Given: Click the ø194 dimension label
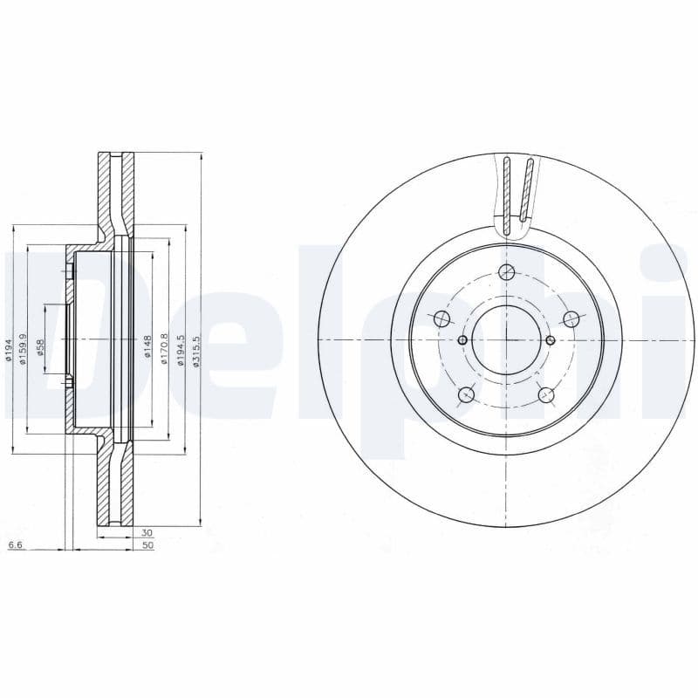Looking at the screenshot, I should pyautogui.click(x=9, y=353).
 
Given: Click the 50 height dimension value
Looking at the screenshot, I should pyautogui.click(x=147, y=545).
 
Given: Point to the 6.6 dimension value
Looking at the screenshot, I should pyautogui.click(x=14, y=545).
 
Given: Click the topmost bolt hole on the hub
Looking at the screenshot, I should pyautogui.click(x=507, y=272).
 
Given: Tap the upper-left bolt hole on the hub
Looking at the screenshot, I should pyautogui.click(x=441, y=318).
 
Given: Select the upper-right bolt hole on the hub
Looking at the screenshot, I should pyautogui.click(x=571, y=318).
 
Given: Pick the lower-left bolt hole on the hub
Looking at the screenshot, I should pyautogui.click(x=466, y=395).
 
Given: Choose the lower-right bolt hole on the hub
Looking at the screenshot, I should pyautogui.click(x=547, y=395).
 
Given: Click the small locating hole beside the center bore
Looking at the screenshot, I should pyautogui.click(x=462, y=339).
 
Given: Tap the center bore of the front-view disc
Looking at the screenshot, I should pyautogui.click(x=507, y=339).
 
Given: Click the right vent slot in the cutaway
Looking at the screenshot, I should pyautogui.click(x=525, y=188).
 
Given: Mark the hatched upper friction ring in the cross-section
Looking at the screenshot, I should pyautogui.click(x=116, y=188).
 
